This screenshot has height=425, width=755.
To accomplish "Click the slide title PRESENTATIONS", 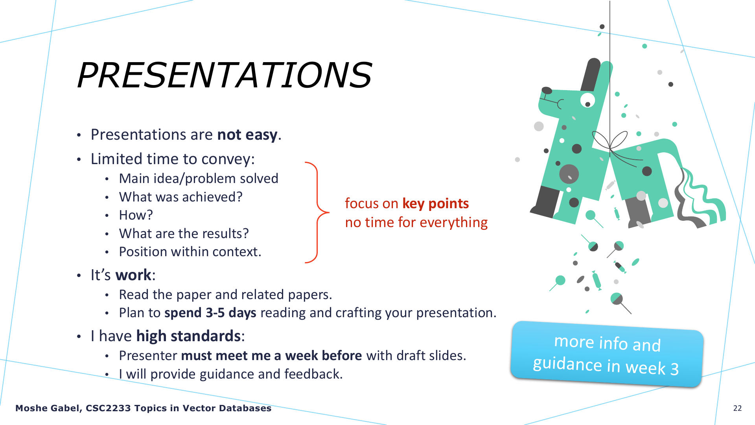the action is (x=225, y=75).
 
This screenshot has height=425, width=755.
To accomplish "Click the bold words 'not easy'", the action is (x=247, y=135).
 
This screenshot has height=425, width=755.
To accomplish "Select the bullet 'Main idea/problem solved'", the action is (x=199, y=178).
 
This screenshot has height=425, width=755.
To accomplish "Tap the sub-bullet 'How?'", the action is (x=136, y=215).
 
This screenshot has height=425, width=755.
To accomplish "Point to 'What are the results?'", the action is (x=184, y=233).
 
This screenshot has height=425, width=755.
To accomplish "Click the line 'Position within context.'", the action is (x=190, y=251).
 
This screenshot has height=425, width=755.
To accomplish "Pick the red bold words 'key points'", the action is (x=435, y=203).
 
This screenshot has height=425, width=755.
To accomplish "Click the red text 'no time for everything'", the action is (x=416, y=222).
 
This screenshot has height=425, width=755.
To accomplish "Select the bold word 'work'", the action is (x=133, y=275).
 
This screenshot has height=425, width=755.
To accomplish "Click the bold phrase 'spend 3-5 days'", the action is (x=210, y=313).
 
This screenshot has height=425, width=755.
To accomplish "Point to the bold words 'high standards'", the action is (x=188, y=336).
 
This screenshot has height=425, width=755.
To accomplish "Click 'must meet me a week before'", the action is (x=271, y=355).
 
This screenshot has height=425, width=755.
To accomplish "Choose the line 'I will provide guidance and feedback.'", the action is (x=231, y=374).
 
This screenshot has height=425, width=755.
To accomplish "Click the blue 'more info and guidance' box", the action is (x=607, y=354).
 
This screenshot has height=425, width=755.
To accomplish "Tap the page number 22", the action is (x=737, y=408).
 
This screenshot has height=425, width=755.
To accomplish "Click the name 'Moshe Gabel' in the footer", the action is (x=48, y=408).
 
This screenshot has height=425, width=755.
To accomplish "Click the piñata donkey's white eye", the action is (x=587, y=100).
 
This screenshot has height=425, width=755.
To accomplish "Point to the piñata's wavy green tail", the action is (x=702, y=199).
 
